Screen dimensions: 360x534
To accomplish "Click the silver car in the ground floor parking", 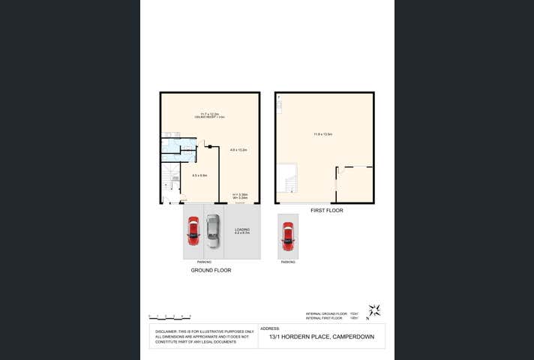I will pyautogui.click(x=213, y=231).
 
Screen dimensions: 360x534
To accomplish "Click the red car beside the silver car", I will pyautogui.click(x=193, y=231).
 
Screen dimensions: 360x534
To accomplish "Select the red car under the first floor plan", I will pyautogui.click(x=288, y=236).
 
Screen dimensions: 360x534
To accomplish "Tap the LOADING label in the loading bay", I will pyautogui.click(x=242, y=229).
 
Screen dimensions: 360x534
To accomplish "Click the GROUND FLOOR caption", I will pyautogui.click(x=211, y=270).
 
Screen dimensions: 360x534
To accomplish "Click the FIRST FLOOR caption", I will pyautogui.click(x=327, y=211).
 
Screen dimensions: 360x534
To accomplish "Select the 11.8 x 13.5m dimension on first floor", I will pyautogui.click(x=323, y=134).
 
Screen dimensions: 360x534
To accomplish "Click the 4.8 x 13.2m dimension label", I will pyautogui.click(x=238, y=150).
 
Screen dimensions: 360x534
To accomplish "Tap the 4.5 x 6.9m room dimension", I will pyautogui.click(x=199, y=175).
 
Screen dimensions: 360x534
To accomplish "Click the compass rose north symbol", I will pyautogui.click(x=374, y=310).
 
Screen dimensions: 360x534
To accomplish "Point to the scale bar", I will pyautogui.click(x=169, y=316).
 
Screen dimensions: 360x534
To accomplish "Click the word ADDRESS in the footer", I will pyautogui.click(x=269, y=328).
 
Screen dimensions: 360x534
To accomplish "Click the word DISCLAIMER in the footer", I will pyautogui.click(x=166, y=331).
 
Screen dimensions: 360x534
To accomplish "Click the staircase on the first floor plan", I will pyautogui.click(x=286, y=180).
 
